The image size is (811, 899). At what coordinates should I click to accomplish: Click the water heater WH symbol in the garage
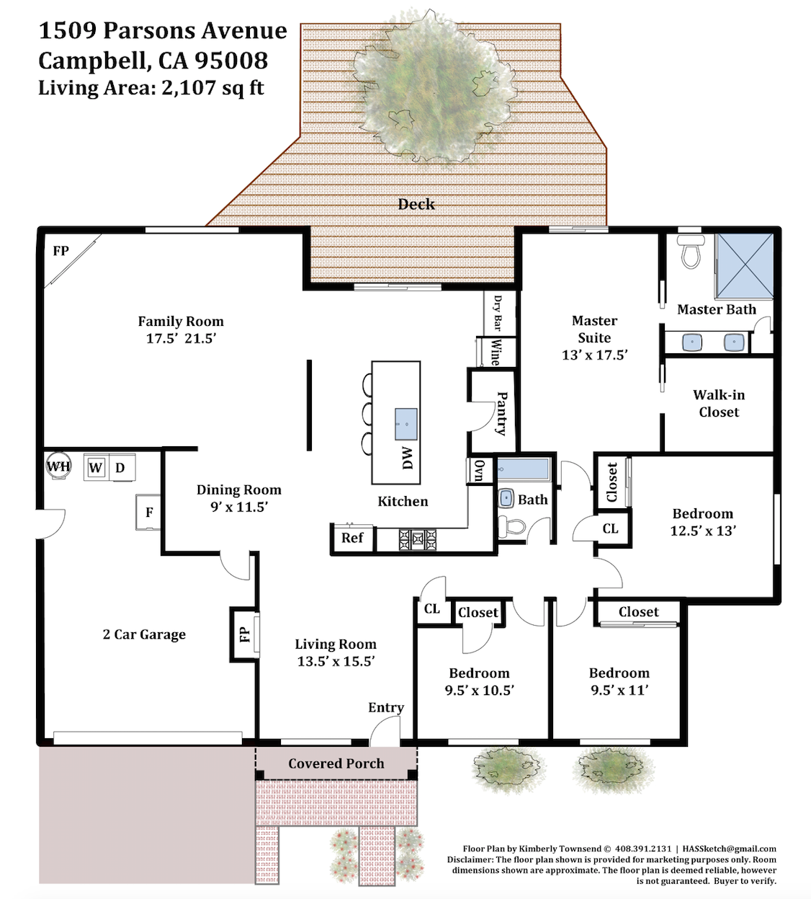(58, 466)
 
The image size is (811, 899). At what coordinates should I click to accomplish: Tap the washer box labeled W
(95, 468)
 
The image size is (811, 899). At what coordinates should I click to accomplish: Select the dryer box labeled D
(122, 468)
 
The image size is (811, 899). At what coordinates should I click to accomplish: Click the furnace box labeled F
(148, 512)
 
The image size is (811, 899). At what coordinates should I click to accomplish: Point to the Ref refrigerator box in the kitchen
(352, 538)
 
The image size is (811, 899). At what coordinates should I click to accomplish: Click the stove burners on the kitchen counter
(418, 539)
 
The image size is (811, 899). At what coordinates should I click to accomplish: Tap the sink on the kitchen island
(405, 424)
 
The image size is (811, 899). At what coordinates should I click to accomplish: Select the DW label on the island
(407, 458)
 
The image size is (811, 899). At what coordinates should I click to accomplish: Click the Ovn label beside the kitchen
(479, 471)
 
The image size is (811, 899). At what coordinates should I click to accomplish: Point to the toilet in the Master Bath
(690, 252)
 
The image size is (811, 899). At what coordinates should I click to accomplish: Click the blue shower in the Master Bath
(745, 265)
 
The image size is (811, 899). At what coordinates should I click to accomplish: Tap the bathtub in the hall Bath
(523, 469)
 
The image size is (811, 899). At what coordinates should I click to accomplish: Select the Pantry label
(501, 413)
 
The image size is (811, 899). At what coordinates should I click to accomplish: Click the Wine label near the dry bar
(495, 353)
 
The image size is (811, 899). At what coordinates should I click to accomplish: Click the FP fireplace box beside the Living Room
(244, 634)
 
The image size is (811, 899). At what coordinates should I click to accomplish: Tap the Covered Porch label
(336, 763)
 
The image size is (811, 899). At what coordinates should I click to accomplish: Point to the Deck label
(416, 204)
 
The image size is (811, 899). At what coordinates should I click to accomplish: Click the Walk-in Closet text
(719, 403)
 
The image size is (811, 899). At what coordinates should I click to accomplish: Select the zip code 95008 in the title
(231, 61)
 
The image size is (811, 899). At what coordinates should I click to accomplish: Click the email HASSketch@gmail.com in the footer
(729, 849)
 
